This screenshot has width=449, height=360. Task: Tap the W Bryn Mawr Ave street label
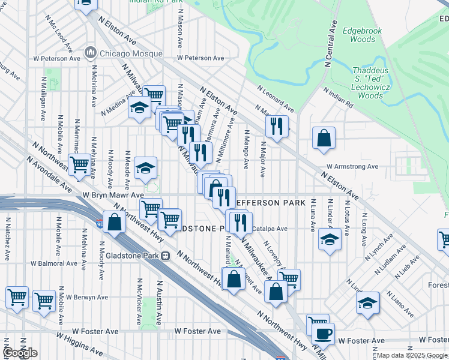113,195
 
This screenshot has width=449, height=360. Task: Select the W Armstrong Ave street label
352,167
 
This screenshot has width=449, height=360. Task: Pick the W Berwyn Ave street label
87,297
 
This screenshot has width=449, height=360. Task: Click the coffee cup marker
323,334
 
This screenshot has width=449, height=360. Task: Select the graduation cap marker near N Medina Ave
140,108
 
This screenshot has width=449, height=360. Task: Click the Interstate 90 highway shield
100,225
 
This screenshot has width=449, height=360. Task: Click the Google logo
20,353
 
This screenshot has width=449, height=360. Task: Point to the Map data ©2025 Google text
412,355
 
